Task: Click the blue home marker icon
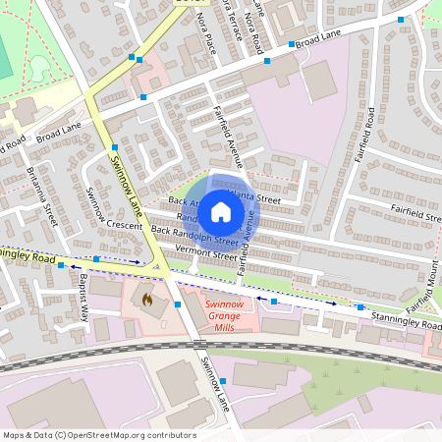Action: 221,211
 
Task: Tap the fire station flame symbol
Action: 148,298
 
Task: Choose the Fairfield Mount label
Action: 430,263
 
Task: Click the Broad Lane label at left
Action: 59,132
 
